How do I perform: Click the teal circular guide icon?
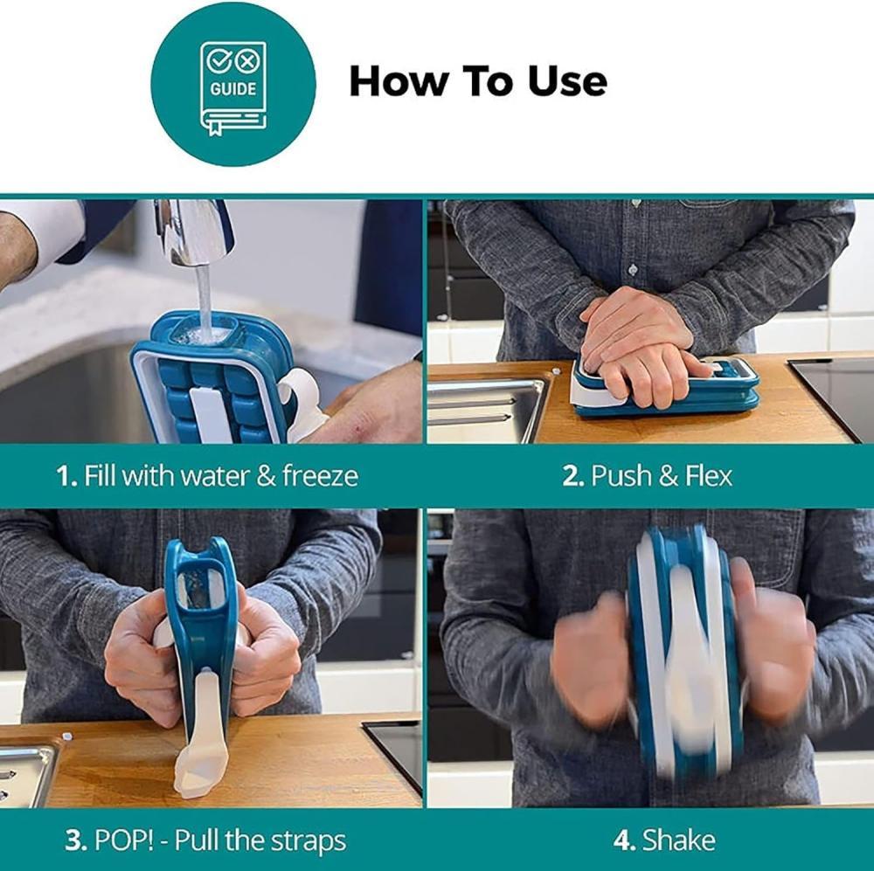tap(233, 84)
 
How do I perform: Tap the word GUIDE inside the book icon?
tap(233, 89)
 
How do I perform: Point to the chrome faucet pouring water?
tap(192, 232)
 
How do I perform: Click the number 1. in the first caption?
tap(67, 476)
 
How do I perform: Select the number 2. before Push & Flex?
tap(573, 476)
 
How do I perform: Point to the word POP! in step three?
tap(124, 840)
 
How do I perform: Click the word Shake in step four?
tap(678, 840)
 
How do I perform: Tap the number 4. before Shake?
tap(624, 840)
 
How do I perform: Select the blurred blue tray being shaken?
tap(684, 652)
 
